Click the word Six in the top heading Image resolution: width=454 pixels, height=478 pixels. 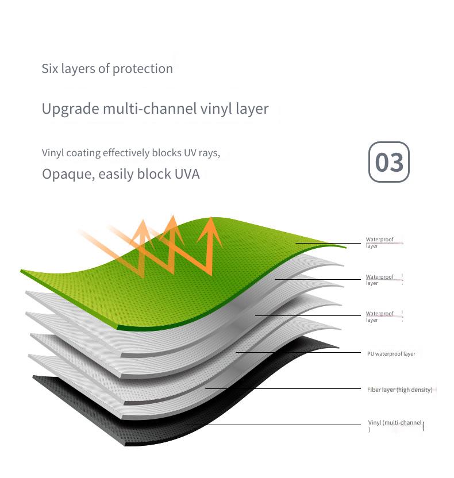click(x=49, y=68)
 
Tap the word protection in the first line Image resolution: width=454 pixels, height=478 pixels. click(x=143, y=69)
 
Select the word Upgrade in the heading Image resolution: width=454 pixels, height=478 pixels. click(x=71, y=109)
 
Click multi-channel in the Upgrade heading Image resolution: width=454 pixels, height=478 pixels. click(x=150, y=109)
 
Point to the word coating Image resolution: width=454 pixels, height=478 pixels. click(x=83, y=153)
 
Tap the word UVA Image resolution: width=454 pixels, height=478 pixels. click(x=187, y=174)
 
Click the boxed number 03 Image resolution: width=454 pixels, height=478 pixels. click(x=389, y=162)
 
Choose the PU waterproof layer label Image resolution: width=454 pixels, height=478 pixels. click(x=391, y=354)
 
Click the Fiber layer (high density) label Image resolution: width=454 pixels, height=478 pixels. click(x=400, y=390)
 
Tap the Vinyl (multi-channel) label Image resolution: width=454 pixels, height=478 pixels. click(x=396, y=426)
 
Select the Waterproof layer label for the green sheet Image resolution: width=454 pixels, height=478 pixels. click(x=380, y=242)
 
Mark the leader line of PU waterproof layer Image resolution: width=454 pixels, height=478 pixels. click(x=298, y=352)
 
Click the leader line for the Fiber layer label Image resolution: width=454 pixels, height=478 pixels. click(x=283, y=389)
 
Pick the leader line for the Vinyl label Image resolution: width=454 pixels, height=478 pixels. click(x=274, y=425)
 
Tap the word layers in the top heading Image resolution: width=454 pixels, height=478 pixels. click(x=78, y=69)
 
